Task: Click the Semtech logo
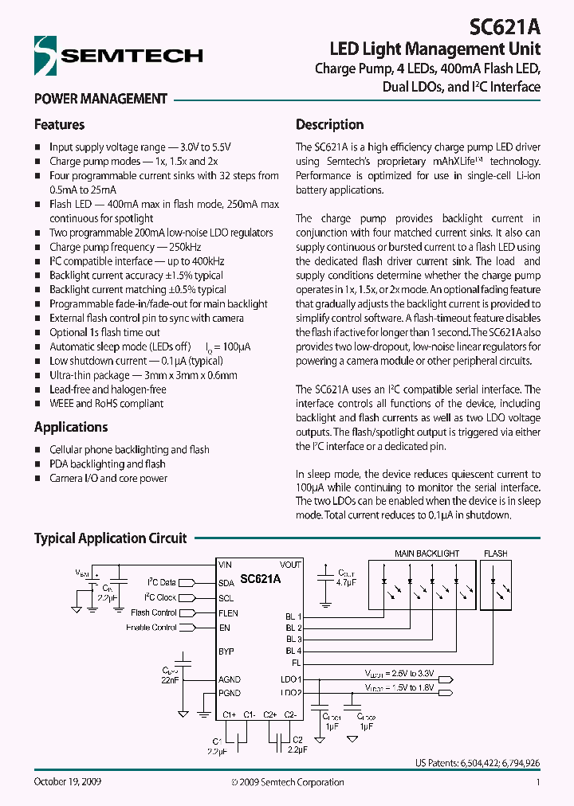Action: click(x=118, y=55)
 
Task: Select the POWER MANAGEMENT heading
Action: click(x=100, y=100)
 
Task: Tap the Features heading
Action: click(x=59, y=125)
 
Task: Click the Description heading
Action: click(x=329, y=125)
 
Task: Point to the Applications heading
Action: click(x=71, y=428)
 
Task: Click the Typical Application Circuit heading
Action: click(x=110, y=538)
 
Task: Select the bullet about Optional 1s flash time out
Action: click(x=104, y=332)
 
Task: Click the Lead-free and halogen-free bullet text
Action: click(x=108, y=389)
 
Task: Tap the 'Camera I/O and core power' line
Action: click(x=108, y=479)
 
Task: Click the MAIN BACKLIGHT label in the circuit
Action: click(x=427, y=554)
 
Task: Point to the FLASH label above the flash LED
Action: click(x=495, y=554)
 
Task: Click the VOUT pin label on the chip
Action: click(x=290, y=565)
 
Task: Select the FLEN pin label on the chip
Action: click(x=228, y=613)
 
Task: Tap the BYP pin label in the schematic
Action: click(x=226, y=651)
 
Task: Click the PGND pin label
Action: click(x=229, y=693)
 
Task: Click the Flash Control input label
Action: click(x=154, y=613)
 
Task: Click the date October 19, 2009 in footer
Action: click(x=67, y=782)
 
